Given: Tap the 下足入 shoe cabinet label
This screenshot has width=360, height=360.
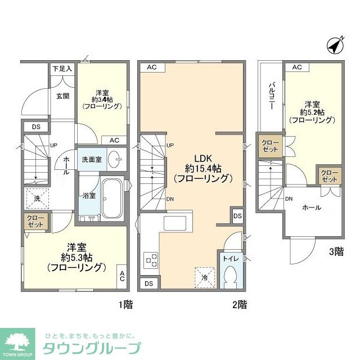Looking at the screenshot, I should point(62,69).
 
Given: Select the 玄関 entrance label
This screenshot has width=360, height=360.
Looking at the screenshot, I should point(62,96).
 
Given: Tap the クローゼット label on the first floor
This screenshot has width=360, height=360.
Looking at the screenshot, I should point(34,221).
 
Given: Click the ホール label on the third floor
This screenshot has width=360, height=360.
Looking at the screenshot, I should point(312,208).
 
